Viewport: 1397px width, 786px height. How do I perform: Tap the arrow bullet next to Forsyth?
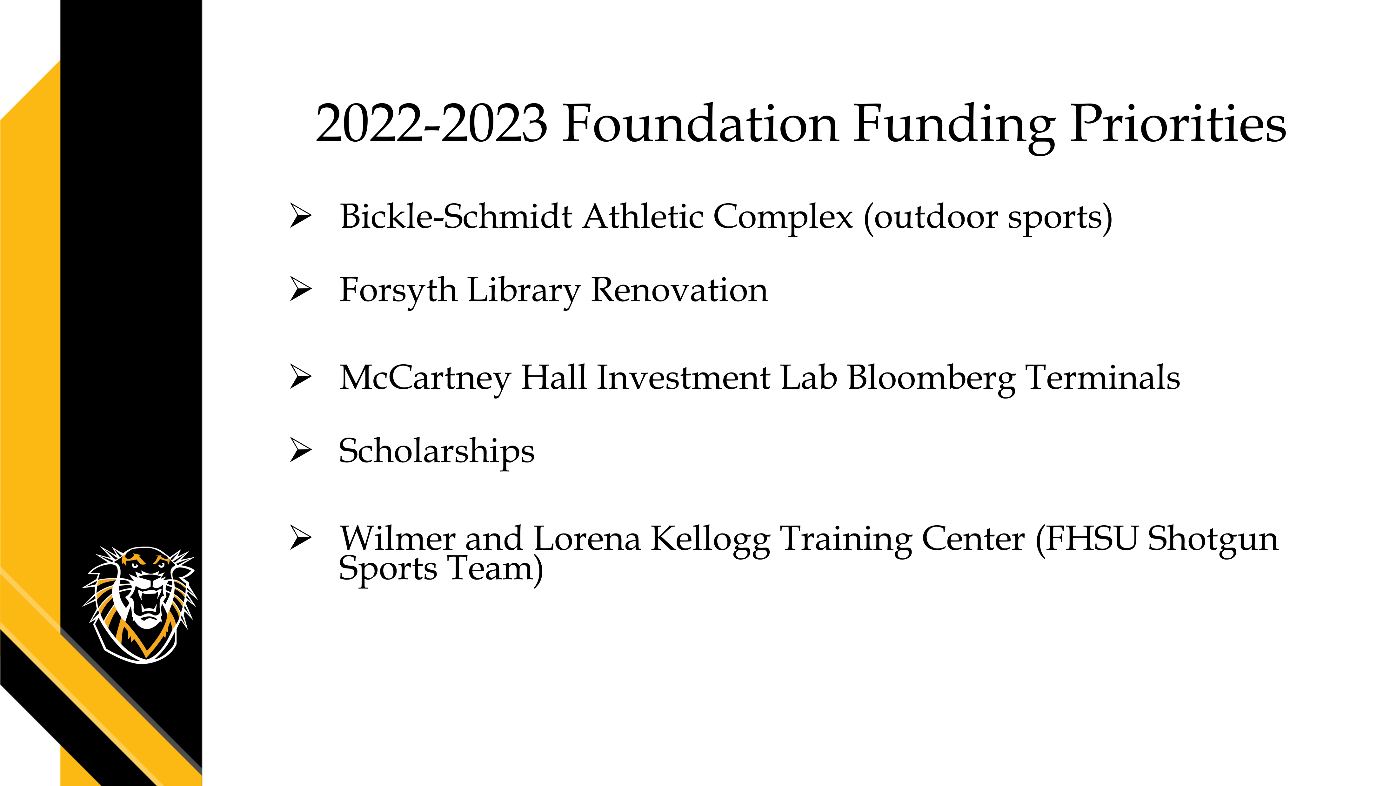(x=301, y=289)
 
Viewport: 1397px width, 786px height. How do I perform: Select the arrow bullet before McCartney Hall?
(x=301, y=376)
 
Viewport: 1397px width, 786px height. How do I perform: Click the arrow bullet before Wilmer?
(x=301, y=538)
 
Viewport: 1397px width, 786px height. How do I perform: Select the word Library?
(x=524, y=291)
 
